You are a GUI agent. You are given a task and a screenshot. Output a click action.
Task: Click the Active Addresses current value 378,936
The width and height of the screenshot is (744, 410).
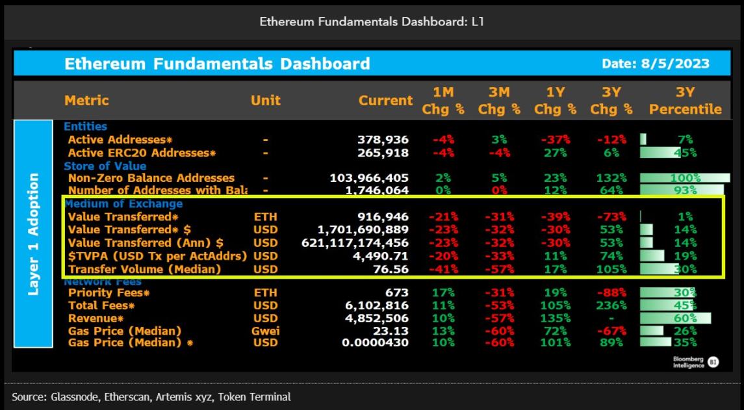click(383, 140)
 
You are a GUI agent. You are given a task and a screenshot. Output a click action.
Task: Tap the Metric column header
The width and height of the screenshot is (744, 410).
click(86, 101)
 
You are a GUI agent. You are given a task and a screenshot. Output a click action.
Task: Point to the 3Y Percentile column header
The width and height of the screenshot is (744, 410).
click(685, 101)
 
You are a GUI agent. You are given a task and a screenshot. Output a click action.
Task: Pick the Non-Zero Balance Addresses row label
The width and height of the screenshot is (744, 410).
click(151, 178)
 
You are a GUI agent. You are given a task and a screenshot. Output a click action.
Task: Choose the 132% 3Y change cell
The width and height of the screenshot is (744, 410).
click(610, 178)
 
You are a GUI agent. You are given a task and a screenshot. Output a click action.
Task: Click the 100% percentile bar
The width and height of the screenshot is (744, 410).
click(685, 178)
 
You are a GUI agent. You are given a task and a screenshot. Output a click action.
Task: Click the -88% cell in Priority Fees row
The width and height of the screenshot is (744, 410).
click(610, 293)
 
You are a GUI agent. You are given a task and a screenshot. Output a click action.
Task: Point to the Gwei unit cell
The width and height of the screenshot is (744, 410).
click(266, 331)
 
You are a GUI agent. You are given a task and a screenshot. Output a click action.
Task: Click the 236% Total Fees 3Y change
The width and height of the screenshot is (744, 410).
click(610, 305)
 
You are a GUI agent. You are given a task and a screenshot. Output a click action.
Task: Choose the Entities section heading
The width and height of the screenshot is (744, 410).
click(85, 127)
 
